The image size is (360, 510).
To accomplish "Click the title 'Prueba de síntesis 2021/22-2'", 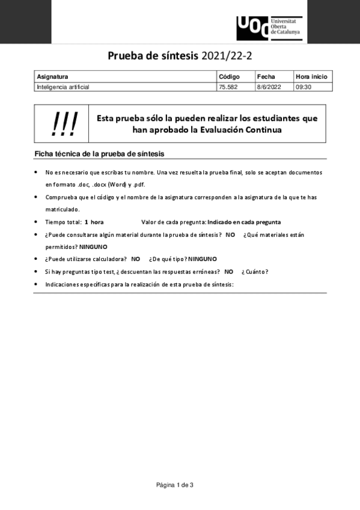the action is pos(180,57).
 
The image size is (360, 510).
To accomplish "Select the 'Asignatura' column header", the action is pos(52,77).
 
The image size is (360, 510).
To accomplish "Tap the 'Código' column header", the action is pos(229,77).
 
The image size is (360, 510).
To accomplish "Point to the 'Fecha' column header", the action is pos(266,77).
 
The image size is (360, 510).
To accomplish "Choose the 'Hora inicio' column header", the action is pos(311,77).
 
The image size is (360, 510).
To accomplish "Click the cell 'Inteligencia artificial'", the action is pos(63,87).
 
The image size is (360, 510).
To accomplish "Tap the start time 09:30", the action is pos(303,87).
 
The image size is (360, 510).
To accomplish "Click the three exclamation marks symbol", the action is pos(65,124).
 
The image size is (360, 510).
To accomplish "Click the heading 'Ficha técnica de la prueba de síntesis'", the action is pos(99,154).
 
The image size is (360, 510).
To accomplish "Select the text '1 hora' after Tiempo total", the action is pos(94,222).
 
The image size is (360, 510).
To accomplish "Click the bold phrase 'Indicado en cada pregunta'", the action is pos(244,222).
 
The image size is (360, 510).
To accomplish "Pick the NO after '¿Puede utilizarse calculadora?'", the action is pos(135,259).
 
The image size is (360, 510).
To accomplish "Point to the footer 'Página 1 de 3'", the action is pos(175,485).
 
